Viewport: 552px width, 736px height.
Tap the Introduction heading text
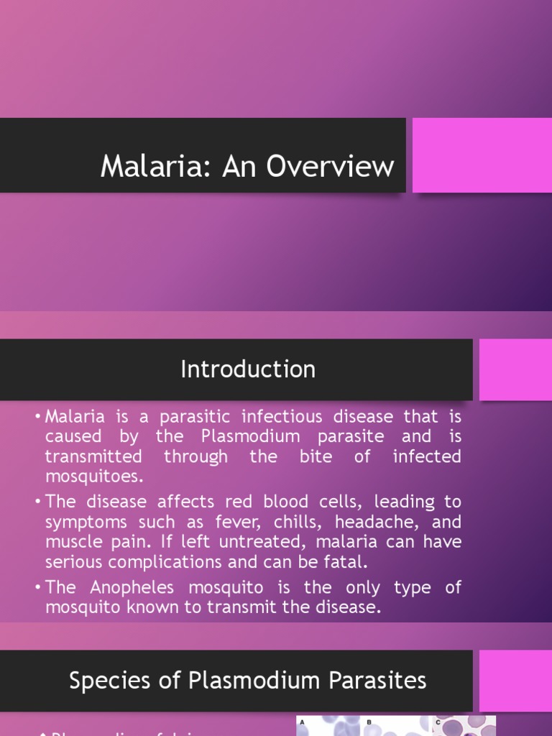point(247,369)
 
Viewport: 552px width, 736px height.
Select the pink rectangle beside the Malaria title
point(482,155)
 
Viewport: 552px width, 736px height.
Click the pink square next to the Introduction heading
point(515,369)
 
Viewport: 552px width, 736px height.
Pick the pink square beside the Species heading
point(515,680)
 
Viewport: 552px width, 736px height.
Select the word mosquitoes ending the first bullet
point(94,477)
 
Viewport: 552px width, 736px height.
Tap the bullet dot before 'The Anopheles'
point(37,588)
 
